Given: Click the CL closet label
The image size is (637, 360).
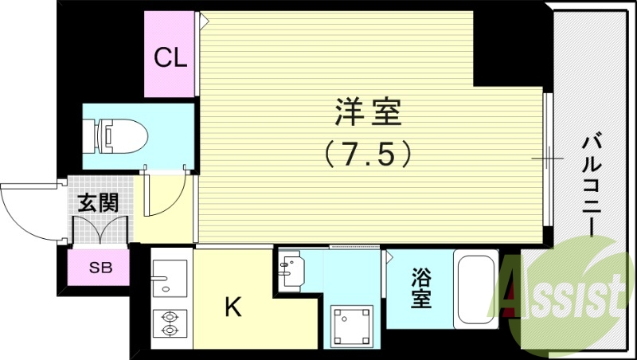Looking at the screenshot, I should [170, 57].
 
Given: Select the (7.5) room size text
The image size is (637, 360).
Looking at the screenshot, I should [367, 153].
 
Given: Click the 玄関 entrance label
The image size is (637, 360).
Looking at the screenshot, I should [97, 202].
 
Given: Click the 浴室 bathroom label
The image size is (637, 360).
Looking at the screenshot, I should [421, 289].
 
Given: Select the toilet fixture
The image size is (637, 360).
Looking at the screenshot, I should [119, 135].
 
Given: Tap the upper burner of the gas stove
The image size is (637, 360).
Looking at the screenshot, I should [169, 315].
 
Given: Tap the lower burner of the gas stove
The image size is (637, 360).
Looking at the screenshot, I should [169, 329].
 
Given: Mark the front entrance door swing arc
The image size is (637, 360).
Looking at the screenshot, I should [28, 209].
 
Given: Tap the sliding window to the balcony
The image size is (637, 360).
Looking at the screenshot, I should [548, 158].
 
